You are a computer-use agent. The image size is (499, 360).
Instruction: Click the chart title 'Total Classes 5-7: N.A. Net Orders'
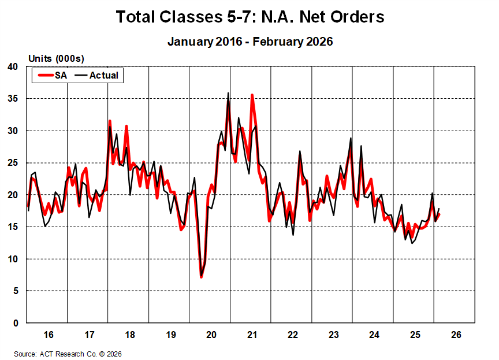249,17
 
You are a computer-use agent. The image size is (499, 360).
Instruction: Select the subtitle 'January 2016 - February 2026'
249,42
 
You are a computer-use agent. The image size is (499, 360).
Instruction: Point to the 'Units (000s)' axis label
56,59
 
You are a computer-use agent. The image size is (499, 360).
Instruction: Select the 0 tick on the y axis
16,323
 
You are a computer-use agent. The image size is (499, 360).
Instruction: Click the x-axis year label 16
48,335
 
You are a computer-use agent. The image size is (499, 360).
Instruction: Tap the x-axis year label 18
129,335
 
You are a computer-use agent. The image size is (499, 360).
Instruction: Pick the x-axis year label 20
211,335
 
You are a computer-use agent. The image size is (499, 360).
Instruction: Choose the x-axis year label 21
252,335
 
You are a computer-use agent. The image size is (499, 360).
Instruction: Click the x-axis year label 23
333,335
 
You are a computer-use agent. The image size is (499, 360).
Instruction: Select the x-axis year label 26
455,335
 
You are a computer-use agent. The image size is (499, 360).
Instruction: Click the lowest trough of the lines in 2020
201,277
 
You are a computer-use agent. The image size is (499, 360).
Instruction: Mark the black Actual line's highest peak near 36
228,93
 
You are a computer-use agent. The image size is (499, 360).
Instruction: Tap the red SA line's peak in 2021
252,95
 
